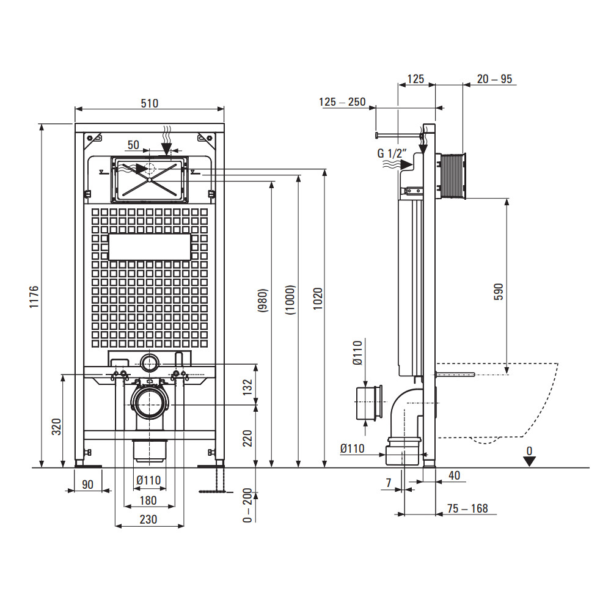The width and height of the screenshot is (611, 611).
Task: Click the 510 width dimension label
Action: tap(149, 103)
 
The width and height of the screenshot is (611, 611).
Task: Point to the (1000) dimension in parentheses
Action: tap(291, 299)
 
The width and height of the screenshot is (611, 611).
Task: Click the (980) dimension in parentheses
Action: tap(263, 301)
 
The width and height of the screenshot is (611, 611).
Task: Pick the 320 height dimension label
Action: tap(56, 426)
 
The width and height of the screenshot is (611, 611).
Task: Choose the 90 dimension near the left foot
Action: tap(87, 485)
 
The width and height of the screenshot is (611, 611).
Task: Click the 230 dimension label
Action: tap(148, 519)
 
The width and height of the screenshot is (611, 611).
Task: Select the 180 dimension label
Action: tap(148, 500)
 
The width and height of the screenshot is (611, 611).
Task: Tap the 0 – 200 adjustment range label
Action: tap(248, 505)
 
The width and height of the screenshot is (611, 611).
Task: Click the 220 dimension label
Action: tap(248, 437)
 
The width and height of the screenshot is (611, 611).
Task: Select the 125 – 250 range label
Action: tap(342, 102)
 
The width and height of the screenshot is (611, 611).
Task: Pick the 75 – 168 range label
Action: tap(467, 508)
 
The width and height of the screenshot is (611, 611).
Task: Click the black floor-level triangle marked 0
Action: tap(529, 460)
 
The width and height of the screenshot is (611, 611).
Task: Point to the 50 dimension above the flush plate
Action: tap(134, 145)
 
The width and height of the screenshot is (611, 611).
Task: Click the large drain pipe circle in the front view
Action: tap(148, 403)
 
